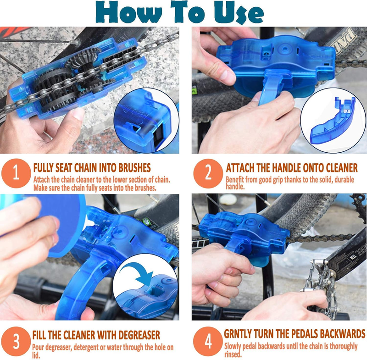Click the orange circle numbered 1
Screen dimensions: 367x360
coord(16,173)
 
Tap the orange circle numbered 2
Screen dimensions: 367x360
coord(208,173)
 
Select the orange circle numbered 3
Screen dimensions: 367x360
coord(16,341)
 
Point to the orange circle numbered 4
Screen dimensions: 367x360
coord(208,341)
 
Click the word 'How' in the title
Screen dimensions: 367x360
coord(129,12)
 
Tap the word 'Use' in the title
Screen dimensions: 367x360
coord(239,13)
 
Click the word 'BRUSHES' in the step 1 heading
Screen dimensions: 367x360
coord(134,168)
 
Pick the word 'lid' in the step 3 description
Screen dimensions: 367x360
coord(35,355)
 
